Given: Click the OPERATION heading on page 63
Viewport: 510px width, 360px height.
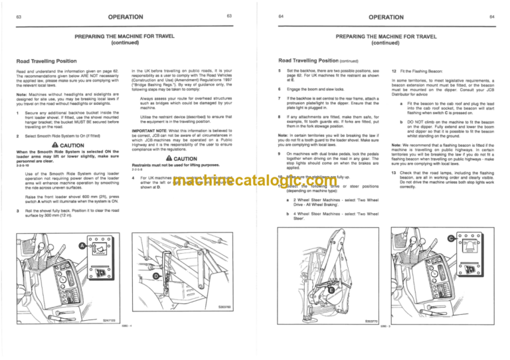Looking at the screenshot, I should click(x=127, y=15).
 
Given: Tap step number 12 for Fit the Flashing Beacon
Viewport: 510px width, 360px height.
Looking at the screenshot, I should click(x=394, y=70).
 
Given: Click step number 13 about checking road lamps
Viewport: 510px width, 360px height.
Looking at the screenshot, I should click(x=394, y=173).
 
